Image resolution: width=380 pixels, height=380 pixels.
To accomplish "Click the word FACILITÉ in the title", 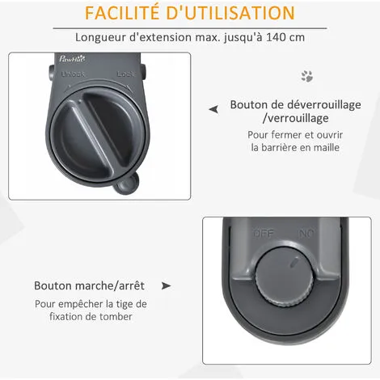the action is click(x=122, y=12).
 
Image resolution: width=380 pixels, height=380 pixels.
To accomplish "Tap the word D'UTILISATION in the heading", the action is click(x=230, y=13).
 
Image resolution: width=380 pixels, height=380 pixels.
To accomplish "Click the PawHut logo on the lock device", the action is click(x=72, y=58).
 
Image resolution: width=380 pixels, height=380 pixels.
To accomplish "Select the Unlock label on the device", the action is click(x=73, y=74).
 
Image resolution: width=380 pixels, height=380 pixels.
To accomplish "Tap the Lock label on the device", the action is click(x=126, y=74).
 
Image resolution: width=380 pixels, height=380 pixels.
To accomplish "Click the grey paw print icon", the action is click(x=307, y=76).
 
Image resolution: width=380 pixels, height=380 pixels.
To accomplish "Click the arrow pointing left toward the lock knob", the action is click(x=213, y=109).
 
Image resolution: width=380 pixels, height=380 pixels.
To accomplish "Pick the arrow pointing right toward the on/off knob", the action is click(x=166, y=286).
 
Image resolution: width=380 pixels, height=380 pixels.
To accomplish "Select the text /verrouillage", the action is click(x=296, y=118).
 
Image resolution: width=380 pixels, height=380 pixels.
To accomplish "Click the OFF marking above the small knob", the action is click(x=264, y=233).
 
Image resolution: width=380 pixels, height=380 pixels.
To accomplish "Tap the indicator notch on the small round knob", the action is click(x=294, y=262).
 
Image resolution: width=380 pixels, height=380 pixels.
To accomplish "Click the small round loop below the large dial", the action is click(x=126, y=184).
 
